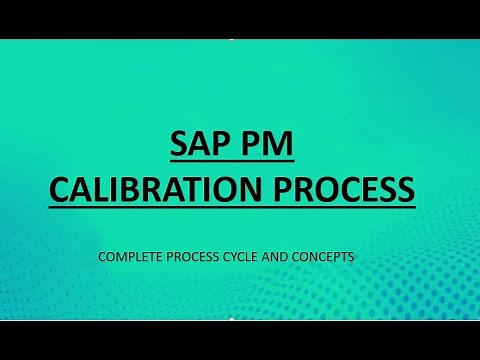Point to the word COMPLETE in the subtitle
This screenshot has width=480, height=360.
[130, 257]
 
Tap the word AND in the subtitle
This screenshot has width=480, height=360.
[286, 257]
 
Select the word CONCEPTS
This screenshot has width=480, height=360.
[329, 257]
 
